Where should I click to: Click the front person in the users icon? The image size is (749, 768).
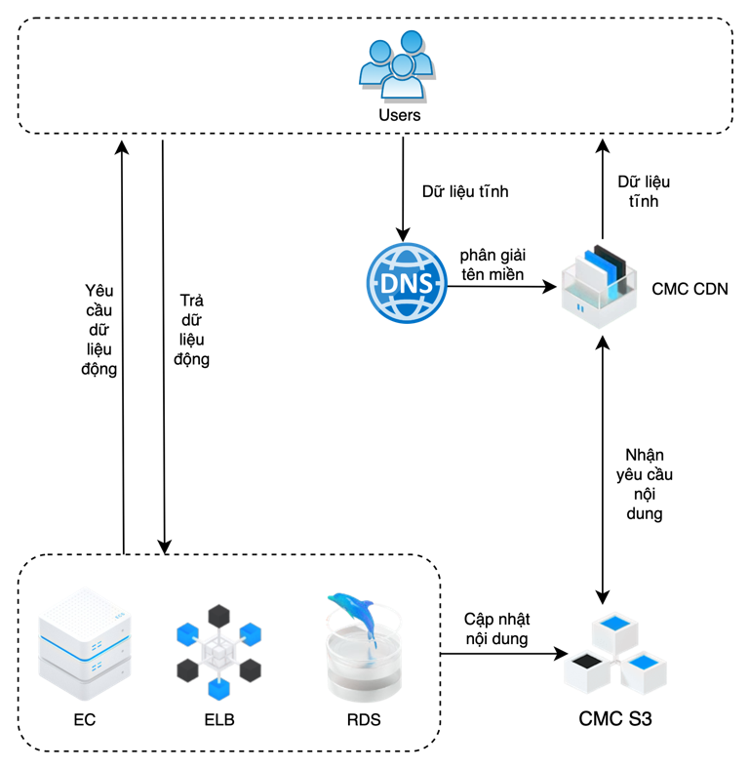coord(402,78)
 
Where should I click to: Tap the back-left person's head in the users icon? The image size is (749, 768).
coord(379,50)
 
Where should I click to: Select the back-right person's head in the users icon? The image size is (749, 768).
coord(412,41)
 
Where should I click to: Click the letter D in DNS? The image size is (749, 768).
coord(389,283)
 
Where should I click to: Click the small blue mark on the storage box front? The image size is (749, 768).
coord(580,308)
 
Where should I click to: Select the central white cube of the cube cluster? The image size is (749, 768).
coord(218,651)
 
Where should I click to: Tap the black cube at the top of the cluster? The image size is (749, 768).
coord(219,616)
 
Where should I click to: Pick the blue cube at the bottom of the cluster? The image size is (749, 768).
coord(219,689)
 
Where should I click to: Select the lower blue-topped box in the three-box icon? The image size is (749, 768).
coord(644,667)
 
